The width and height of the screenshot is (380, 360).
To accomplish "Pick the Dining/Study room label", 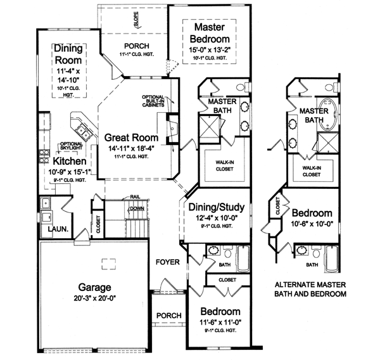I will pyautogui.click(x=217, y=207).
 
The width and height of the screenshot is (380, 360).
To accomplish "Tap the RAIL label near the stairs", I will pyautogui.click(x=135, y=197).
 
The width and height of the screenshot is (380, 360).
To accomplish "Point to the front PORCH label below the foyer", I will pyautogui.click(x=168, y=316).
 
